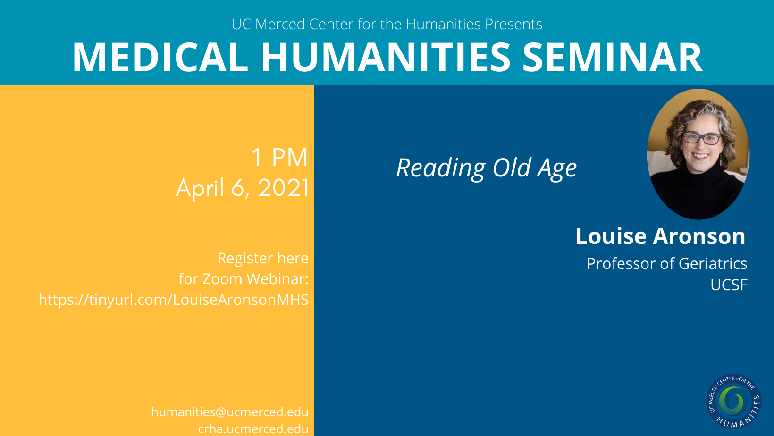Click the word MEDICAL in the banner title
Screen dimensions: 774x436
point(160,58)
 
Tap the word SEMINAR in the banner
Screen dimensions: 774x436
point(612,58)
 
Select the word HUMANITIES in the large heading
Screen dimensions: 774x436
point(385,58)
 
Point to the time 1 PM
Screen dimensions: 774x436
point(279,158)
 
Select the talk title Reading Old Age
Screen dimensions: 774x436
point(487,168)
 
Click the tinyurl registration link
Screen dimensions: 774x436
point(174,300)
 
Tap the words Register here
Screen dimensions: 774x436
point(263,258)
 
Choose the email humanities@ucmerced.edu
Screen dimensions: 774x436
point(230,412)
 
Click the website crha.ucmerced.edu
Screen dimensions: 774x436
point(253,429)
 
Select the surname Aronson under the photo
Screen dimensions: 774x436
point(699,236)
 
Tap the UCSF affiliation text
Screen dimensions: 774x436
point(729,285)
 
